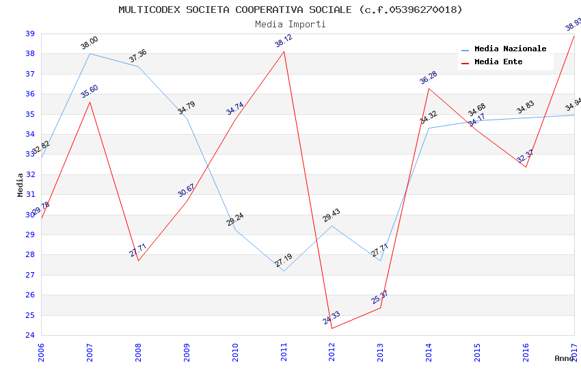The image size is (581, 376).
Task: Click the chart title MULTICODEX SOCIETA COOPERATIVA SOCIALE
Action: click(x=290, y=10)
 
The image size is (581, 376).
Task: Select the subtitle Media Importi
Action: click(x=290, y=24)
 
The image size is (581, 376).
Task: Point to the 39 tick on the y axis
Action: click(x=30, y=33)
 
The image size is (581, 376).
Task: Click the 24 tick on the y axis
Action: click(x=30, y=335)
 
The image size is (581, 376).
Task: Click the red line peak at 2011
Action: click(x=284, y=51)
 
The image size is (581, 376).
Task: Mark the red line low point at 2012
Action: click(x=332, y=328)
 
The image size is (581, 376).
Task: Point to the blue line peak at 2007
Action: click(x=90, y=53)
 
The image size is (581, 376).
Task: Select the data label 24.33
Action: click(x=332, y=318)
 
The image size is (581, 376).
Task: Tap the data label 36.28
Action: click(x=429, y=77)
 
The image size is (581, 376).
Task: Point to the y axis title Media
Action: click(x=20, y=185)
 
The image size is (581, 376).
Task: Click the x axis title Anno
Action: click(x=564, y=358)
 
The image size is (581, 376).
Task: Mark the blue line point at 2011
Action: click(x=284, y=271)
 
